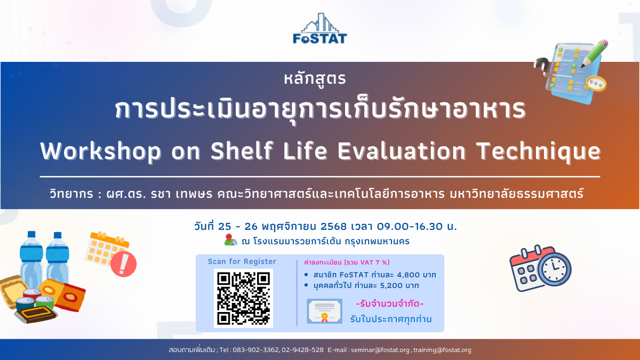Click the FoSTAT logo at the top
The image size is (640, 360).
(x=319, y=29)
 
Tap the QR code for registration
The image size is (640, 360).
(x=243, y=298)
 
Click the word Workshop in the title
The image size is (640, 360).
(x=101, y=151)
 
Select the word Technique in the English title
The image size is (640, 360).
(x=538, y=151)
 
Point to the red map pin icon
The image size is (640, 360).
(x=229, y=238)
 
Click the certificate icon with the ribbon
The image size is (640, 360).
(x=325, y=311)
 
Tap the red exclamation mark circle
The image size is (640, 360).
(x=123, y=264)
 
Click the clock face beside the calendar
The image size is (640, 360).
(x=554, y=269)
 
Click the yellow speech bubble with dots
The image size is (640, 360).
(x=596, y=84)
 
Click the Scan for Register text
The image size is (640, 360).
(x=242, y=261)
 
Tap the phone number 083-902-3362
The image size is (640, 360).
(x=255, y=350)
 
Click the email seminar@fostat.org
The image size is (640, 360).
(x=380, y=350)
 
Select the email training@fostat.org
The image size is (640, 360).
(x=442, y=350)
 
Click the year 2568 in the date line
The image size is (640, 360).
(x=333, y=227)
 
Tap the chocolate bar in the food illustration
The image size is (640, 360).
(x=36, y=314)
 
